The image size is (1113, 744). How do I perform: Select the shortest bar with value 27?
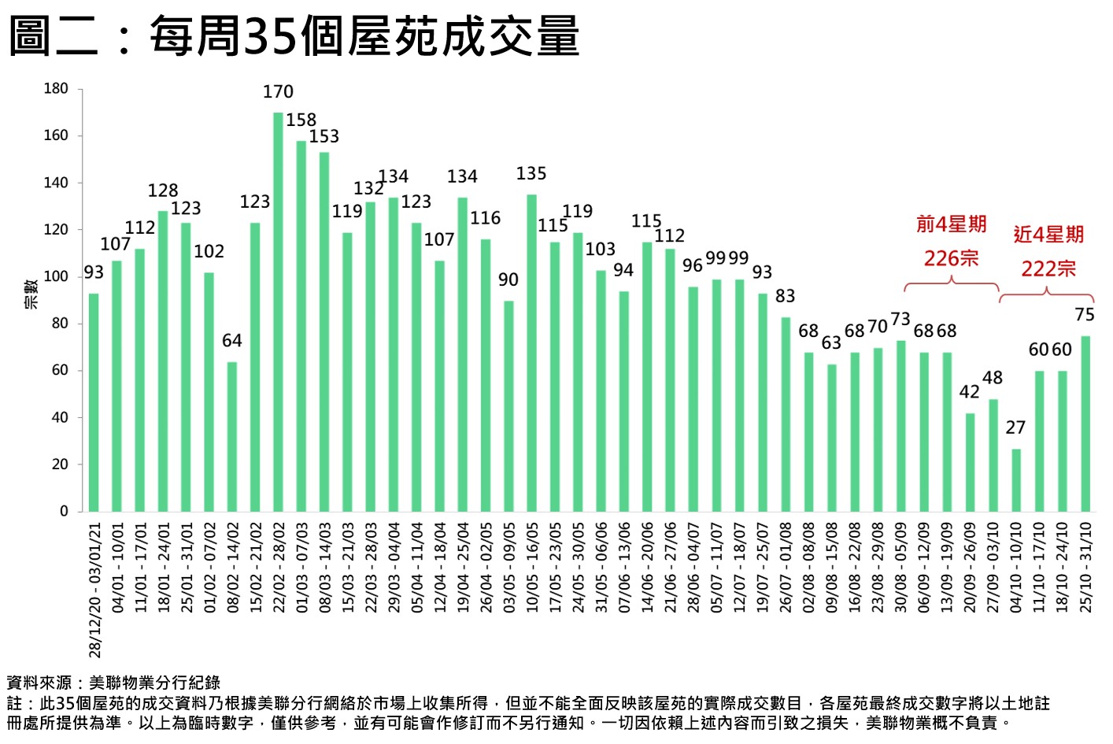pyautogui.click(x=1016, y=480)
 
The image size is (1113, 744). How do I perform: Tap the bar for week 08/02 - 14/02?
pyautogui.click(x=232, y=437)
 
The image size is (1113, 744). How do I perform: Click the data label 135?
pyautogui.click(x=531, y=173)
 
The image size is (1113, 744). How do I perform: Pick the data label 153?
pyautogui.click(x=324, y=136)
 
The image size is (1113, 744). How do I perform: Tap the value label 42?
pyautogui.click(x=970, y=391)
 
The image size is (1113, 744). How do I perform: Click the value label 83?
pyautogui.click(x=785, y=296)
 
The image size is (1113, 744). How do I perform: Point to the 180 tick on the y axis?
pyautogui.click(x=56, y=88)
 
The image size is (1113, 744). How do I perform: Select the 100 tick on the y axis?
pyautogui.click(x=56, y=276)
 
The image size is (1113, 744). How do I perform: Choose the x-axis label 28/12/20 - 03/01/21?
pyautogui.click(x=95, y=590)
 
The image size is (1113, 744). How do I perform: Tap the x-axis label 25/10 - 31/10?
pyautogui.click(x=1085, y=567)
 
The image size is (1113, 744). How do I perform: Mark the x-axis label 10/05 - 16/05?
pyautogui.click(x=532, y=567)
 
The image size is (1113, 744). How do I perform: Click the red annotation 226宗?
pyautogui.click(x=951, y=258)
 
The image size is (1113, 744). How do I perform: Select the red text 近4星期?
pyautogui.click(x=1048, y=235)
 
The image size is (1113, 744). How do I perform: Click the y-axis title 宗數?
pyautogui.click(x=31, y=294)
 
